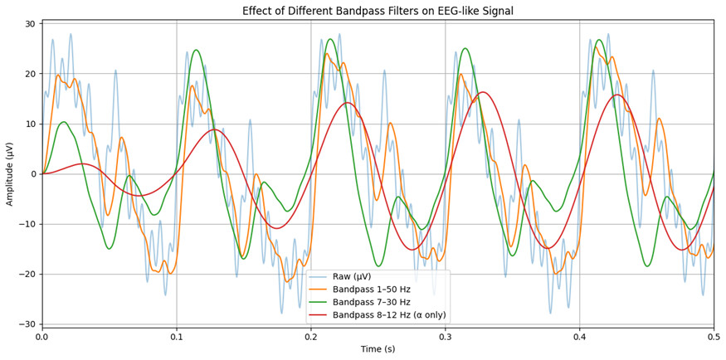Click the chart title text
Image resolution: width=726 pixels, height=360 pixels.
pos(378,11)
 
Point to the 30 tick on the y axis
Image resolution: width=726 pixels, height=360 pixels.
pos(28,23)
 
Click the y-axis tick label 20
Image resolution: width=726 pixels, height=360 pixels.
pos(28,74)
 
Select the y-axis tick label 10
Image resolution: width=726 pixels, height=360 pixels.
pos(28,124)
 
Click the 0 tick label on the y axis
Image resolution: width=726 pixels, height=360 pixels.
pos(32,174)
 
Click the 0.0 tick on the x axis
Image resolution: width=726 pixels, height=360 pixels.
pos(42,338)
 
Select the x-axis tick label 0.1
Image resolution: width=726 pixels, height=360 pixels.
pos(177,338)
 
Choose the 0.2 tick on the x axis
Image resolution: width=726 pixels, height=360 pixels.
pos(311,338)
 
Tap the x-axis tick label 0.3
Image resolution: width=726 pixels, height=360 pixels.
pos(446,338)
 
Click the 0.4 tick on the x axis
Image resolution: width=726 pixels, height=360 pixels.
pos(579,338)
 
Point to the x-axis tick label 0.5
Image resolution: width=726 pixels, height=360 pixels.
pos(713,338)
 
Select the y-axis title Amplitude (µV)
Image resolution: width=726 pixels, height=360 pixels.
pos(11,173)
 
